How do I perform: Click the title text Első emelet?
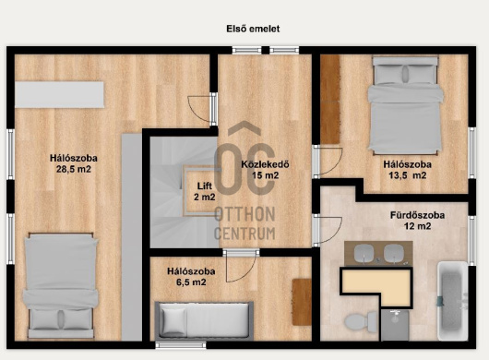(x=253, y=29)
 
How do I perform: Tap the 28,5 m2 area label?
(x=74, y=170)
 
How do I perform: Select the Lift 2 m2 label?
(x=205, y=191)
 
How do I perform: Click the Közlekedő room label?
(x=265, y=164)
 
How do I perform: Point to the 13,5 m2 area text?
(x=407, y=175)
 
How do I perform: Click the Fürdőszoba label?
(x=417, y=215)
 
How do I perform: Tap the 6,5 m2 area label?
(x=191, y=282)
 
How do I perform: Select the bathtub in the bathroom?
(x=452, y=301)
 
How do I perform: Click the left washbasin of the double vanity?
(x=364, y=253)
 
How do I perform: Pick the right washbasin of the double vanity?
(x=394, y=253)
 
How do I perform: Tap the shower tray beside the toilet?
(x=395, y=325)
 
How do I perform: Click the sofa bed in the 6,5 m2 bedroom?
(x=204, y=320)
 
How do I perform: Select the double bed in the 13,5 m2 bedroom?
(x=405, y=105)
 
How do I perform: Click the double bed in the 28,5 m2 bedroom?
(x=61, y=285)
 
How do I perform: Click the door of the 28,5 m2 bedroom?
(x=202, y=109)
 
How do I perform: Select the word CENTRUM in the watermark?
(x=244, y=234)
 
